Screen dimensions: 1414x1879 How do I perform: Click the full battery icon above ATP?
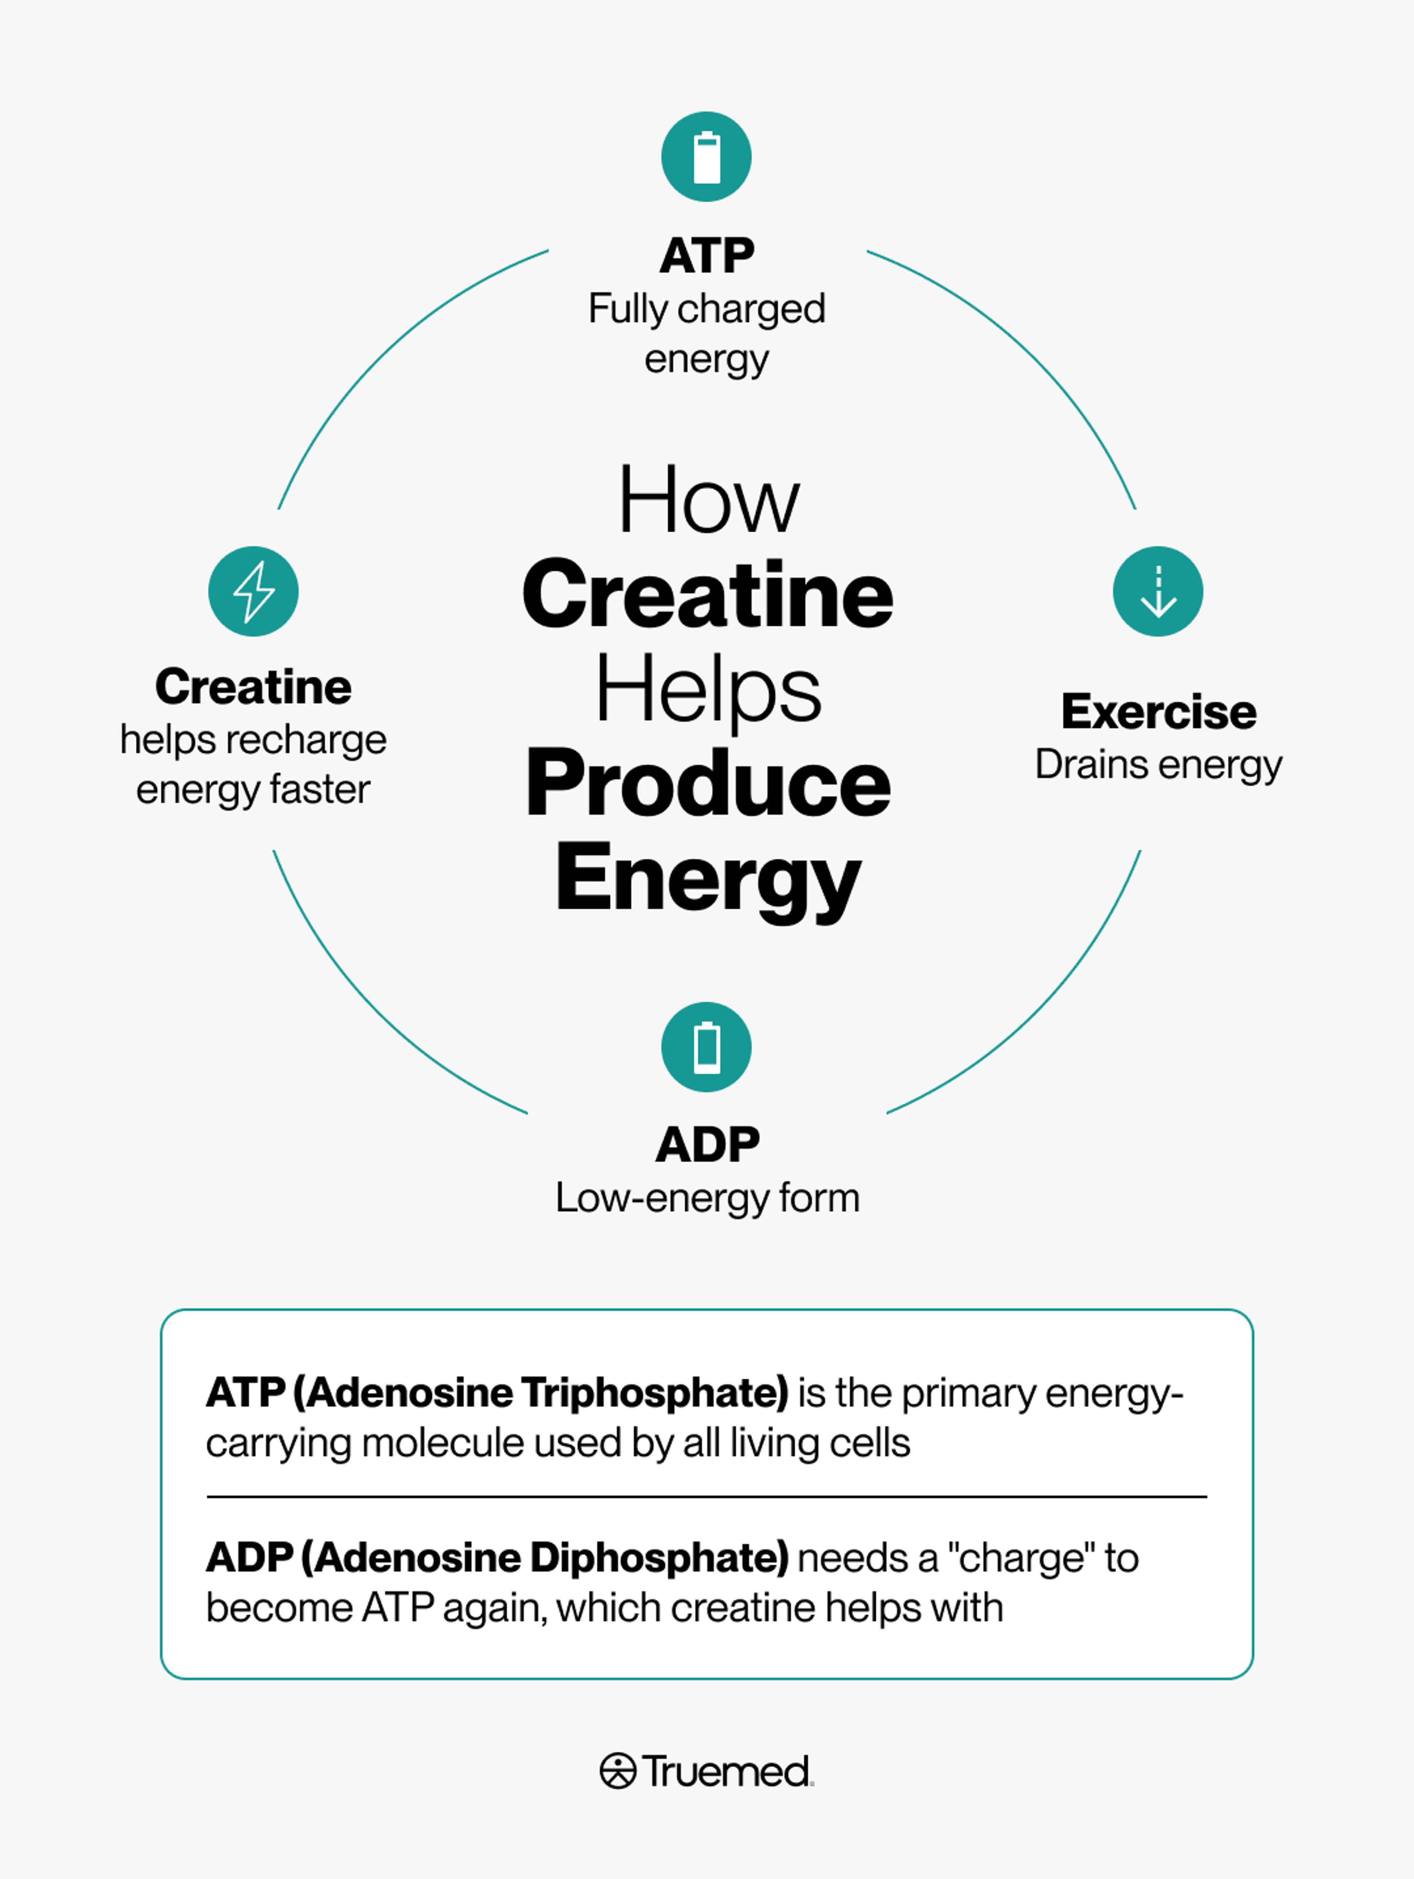tap(707, 157)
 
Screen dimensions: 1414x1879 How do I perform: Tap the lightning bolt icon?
tap(253, 591)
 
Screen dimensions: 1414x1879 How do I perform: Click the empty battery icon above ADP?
tap(707, 1047)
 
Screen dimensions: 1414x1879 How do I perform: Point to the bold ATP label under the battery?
tap(707, 256)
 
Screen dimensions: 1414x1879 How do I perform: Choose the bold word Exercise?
tap(1158, 712)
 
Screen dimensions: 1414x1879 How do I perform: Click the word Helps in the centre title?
tap(708, 690)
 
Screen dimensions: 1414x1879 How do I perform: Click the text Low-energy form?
tap(707, 1198)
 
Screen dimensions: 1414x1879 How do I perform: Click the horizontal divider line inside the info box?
tap(707, 1497)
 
